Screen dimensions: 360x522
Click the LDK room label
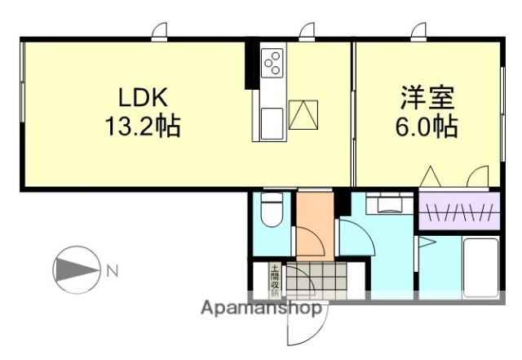tap(143, 98)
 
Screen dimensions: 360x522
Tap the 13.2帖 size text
tap(143, 127)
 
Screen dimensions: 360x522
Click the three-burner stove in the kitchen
tap(272, 63)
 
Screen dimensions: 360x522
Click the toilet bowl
tap(270, 213)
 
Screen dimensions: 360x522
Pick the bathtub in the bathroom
tap(480, 265)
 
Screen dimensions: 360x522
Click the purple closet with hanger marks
tap(459, 212)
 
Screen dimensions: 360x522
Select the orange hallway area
tap(314, 224)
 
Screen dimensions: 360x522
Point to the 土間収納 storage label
tap(275, 278)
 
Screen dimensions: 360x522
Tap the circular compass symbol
tap(73, 269)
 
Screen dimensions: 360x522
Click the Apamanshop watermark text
tap(261, 309)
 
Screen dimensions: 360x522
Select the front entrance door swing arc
tap(303, 327)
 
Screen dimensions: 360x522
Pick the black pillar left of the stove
tap(250, 65)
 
